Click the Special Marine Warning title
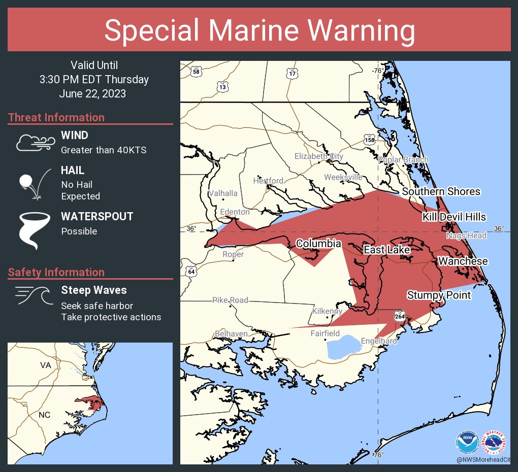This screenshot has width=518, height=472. click(259, 30)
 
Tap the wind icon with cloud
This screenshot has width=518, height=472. click(35, 143)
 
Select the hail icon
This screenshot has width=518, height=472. click(34, 183)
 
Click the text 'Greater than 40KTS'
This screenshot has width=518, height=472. click(104, 150)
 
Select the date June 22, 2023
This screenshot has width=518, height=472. click(92, 94)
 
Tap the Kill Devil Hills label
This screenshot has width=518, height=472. click(454, 217)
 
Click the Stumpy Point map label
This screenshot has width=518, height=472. click(439, 295)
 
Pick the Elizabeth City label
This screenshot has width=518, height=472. click(319, 156)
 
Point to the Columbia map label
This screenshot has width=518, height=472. click(318, 244)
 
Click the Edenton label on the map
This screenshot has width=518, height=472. click(235, 212)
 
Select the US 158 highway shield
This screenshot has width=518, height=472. click(369, 139)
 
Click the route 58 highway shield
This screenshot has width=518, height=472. click(196, 72)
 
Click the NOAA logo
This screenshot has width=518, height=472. click(467, 442)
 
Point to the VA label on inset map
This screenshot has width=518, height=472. click(46, 365)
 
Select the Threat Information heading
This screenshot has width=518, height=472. click(56, 117)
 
